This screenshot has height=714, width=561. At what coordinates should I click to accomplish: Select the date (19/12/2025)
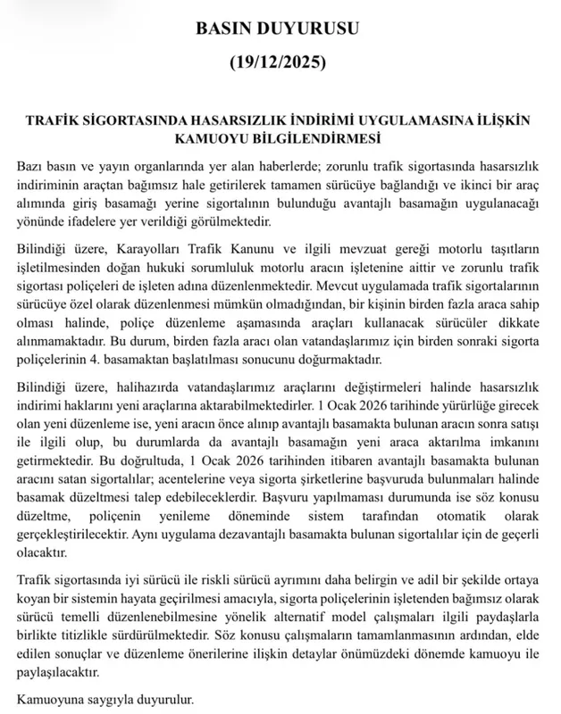(280, 64)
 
